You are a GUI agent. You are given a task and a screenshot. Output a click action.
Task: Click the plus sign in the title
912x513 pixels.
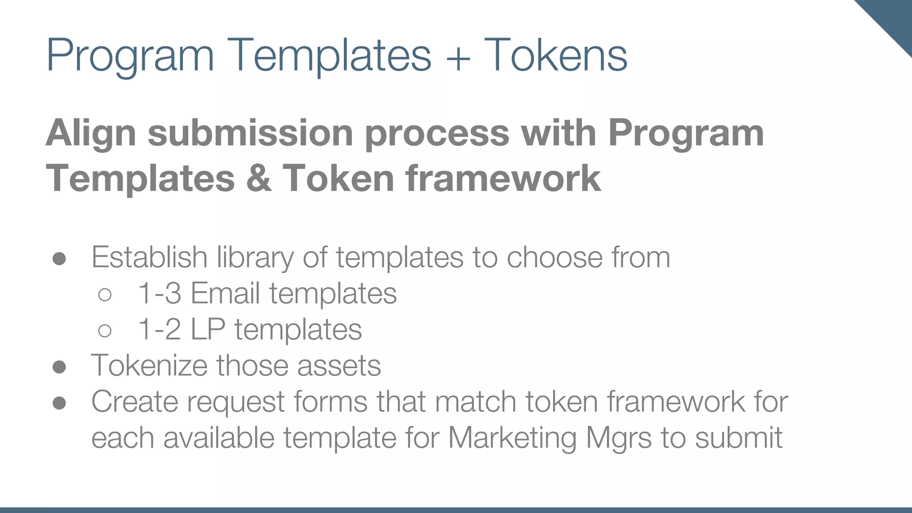[457, 57]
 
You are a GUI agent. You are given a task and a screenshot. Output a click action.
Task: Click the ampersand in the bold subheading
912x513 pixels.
[259, 178]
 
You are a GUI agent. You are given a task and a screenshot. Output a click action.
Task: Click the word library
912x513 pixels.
[255, 258]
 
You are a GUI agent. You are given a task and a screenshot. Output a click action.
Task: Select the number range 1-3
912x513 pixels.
[159, 293]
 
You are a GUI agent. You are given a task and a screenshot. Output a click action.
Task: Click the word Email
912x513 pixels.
[225, 293]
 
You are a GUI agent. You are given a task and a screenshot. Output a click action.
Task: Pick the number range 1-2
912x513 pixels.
[159, 330]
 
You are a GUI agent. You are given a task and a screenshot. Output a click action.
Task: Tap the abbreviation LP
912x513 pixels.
[208, 330]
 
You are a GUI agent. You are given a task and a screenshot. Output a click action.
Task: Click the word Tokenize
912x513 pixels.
[149, 366]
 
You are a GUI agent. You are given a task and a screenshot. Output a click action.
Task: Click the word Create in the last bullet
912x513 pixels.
[134, 402]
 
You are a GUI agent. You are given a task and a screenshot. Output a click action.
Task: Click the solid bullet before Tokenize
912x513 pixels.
[59, 367]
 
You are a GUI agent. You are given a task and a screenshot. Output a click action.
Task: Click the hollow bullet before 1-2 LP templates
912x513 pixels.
[105, 330]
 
